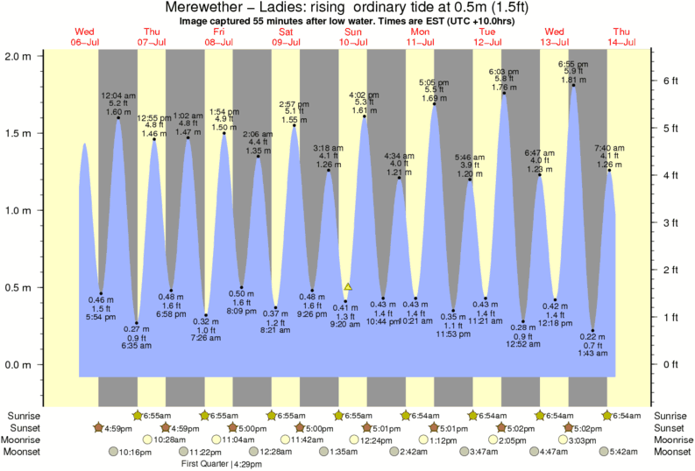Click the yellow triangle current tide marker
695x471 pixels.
click(x=348, y=286)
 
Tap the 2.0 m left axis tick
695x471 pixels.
click(x=19, y=56)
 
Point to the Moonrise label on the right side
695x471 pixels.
click(x=673, y=439)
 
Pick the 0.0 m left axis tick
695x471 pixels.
click(x=19, y=364)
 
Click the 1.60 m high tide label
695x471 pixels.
click(x=118, y=111)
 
